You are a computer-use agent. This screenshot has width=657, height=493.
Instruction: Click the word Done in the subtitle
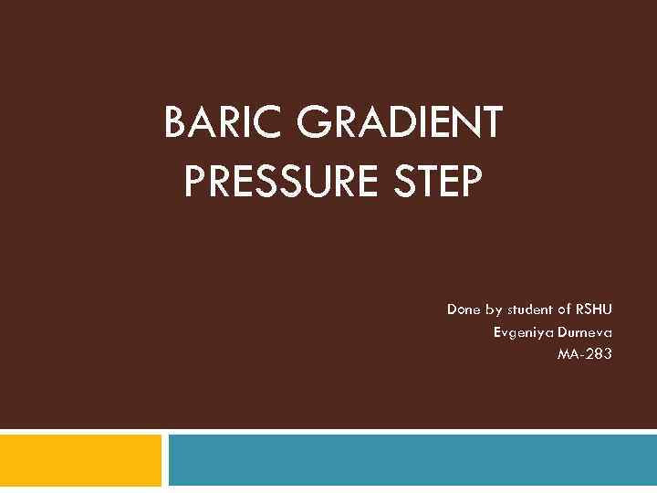(464, 309)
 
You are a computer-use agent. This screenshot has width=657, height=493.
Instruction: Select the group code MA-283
(585, 353)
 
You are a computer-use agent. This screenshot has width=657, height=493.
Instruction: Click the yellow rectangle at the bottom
(80, 460)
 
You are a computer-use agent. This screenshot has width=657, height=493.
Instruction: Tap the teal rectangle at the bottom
(412, 460)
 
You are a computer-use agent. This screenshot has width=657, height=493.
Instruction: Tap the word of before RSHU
(563, 309)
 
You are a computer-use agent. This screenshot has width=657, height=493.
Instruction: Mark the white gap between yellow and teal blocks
(165, 460)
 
